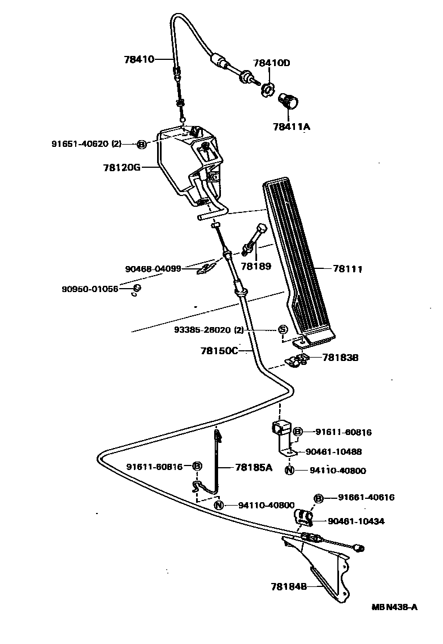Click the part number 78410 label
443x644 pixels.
tap(139, 59)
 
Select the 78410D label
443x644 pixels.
tap(271, 63)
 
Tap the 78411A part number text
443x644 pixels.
tap(290, 127)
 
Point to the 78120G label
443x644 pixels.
tap(121, 167)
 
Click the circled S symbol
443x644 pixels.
tap(283, 330)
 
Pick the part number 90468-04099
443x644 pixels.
tap(153, 269)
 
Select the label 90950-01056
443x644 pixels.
tap(90, 289)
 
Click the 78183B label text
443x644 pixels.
tap(341, 358)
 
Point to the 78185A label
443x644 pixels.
tap(253, 467)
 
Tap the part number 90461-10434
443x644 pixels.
tap(356, 521)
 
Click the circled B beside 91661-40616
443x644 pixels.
tap(319, 498)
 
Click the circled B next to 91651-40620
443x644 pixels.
tap(141, 145)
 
